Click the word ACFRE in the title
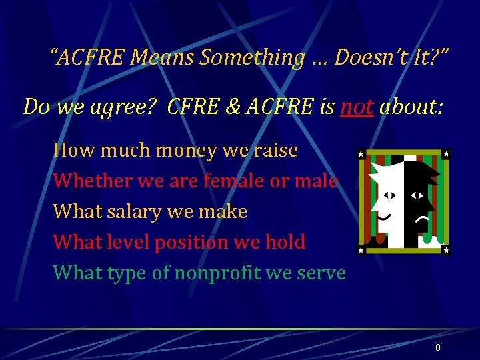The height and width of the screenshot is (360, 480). pos(91,59)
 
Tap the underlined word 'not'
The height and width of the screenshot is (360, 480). pos(357,106)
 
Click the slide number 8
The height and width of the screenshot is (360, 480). pos(437,348)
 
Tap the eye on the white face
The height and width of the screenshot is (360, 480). pos(389,195)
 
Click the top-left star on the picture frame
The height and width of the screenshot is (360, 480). pos(361,154)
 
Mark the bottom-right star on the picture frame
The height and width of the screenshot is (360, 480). pos(445,250)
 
